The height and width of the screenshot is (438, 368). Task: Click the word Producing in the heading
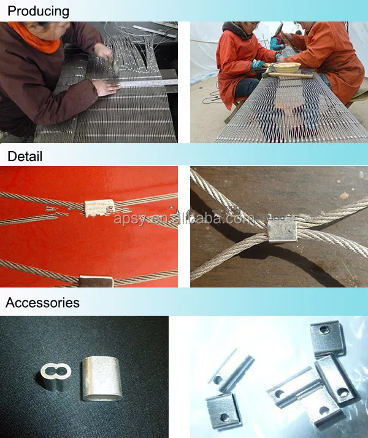tap(38, 12)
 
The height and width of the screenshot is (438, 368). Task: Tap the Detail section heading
tap(25, 157)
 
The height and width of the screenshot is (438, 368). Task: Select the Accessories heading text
tap(42, 302)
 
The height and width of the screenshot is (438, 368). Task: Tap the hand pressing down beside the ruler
tap(107, 88)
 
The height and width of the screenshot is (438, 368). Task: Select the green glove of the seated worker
tap(258, 64)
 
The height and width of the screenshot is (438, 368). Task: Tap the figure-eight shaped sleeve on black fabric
tap(57, 375)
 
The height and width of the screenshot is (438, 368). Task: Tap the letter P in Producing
tap(11, 12)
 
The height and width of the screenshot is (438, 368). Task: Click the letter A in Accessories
tap(10, 302)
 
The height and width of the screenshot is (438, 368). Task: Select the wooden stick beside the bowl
tap(288, 76)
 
